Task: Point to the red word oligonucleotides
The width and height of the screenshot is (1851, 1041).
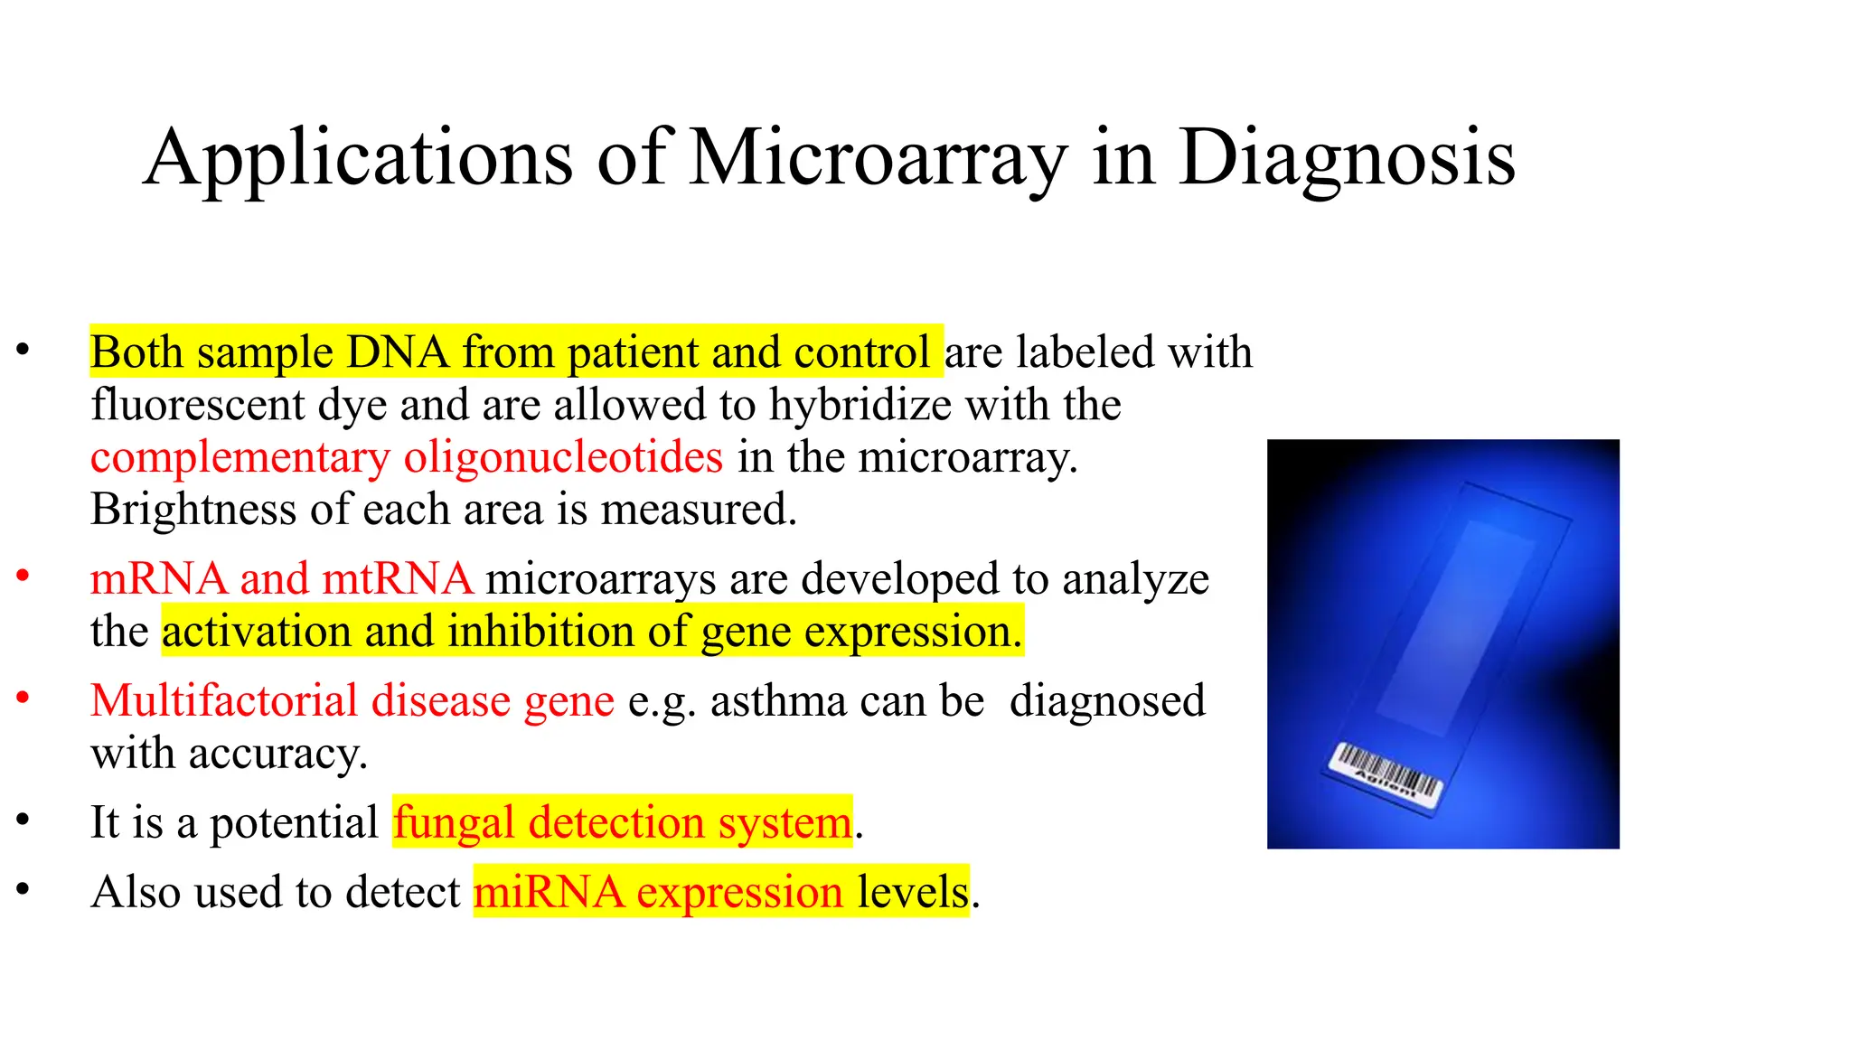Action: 563,457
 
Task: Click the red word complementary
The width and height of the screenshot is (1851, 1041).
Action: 240,457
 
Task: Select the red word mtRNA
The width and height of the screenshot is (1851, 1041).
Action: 398,578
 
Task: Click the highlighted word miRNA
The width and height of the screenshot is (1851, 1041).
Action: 549,892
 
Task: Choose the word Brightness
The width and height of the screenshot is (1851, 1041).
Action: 193,510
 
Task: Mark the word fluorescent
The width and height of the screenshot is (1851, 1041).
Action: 198,405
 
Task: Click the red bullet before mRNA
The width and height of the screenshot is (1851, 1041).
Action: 23,576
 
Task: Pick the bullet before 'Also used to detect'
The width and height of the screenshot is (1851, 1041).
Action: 23,889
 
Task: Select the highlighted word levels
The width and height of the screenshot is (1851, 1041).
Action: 913,892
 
